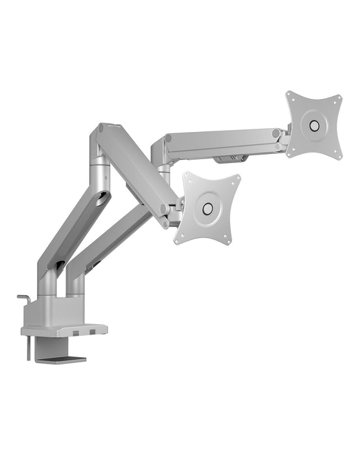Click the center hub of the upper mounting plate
click(x=314, y=124)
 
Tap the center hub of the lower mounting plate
click(x=207, y=208)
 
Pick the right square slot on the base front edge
click(x=92, y=333)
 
